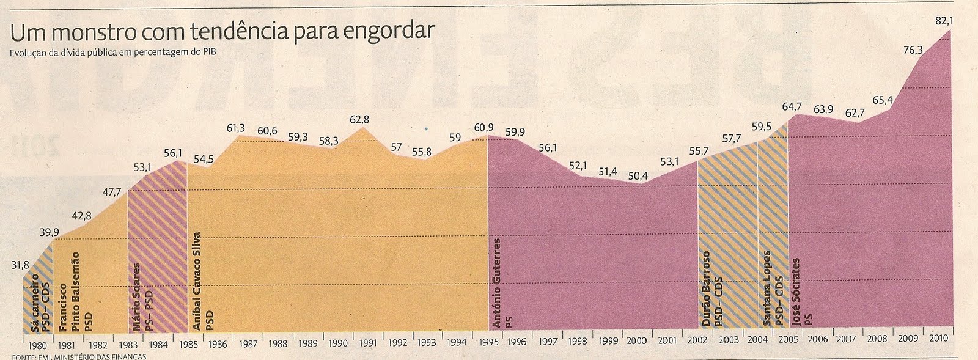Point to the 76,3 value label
coord(913,50)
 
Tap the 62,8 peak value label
coord(359,120)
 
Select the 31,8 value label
coord(20,265)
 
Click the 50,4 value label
coord(638,176)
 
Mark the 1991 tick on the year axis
coord(367,342)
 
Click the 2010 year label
coord(938,338)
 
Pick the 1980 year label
coord(38,345)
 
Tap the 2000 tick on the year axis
coord(636,340)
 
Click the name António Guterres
coord(497,283)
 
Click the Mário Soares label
coord(136,296)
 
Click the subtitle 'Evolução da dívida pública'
coord(113,52)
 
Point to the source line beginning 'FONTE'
coord(79,357)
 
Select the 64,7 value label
coord(792,107)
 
